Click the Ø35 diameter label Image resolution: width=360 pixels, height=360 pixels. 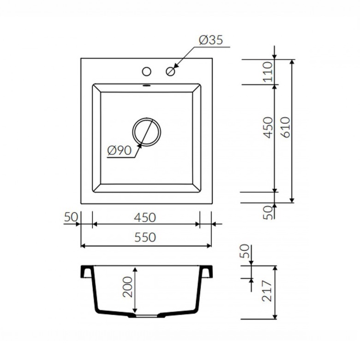pyautogui.click(x=211, y=40)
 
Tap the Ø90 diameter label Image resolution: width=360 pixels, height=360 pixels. pyautogui.click(x=120, y=150)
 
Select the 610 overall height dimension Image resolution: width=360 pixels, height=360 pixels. pyautogui.click(x=286, y=127)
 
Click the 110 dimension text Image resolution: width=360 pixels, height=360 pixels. pyautogui.click(x=268, y=72)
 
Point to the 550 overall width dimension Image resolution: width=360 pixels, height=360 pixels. pyautogui.click(x=145, y=237)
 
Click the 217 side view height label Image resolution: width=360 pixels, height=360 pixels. pyautogui.click(x=267, y=291)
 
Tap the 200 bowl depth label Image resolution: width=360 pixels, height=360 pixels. pyautogui.click(x=128, y=287)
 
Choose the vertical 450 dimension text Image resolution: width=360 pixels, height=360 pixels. pyautogui.click(x=268, y=128)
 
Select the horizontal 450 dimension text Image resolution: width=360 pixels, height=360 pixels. pyautogui.click(x=145, y=217)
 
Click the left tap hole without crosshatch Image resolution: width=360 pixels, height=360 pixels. pyautogui.click(x=146, y=72)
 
